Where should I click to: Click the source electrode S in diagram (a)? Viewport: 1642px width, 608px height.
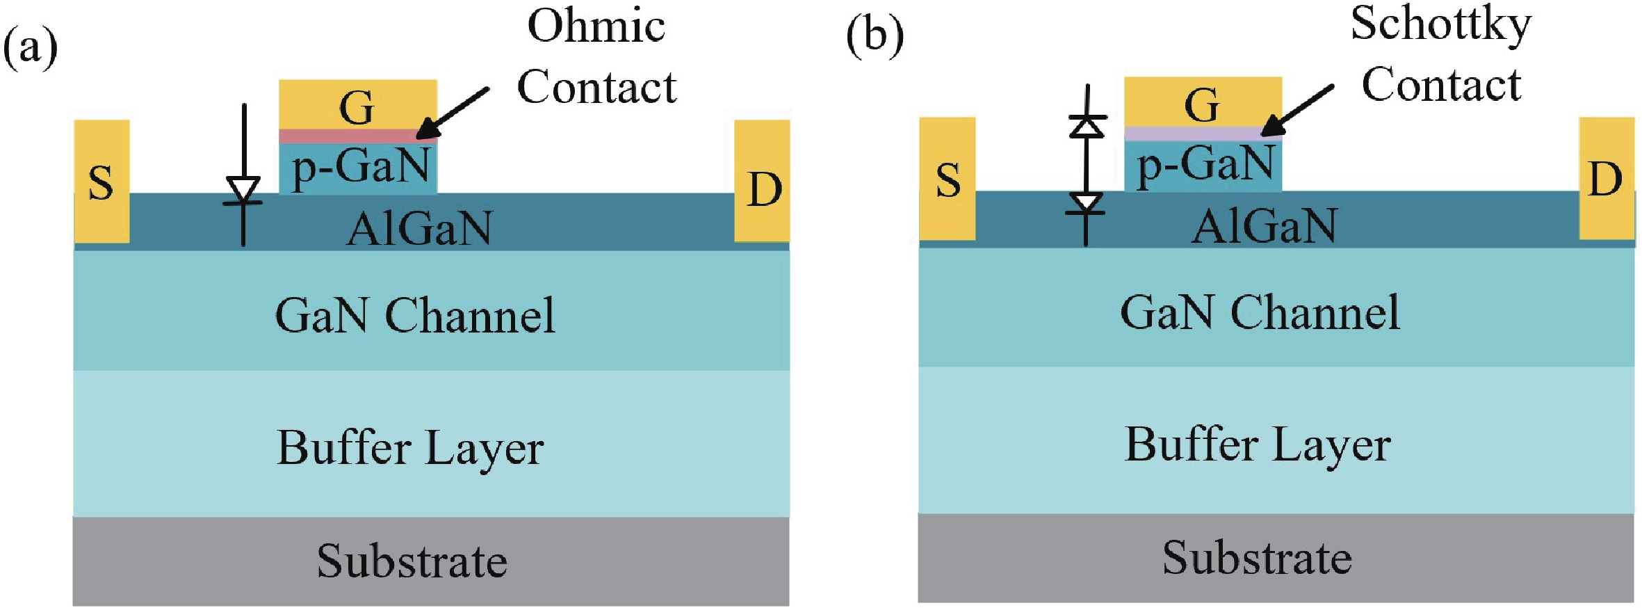(x=101, y=182)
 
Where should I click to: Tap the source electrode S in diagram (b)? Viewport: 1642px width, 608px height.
(x=948, y=179)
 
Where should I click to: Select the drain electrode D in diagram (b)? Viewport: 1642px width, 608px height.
(x=1606, y=179)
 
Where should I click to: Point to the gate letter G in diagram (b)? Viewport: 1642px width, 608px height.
(x=1202, y=104)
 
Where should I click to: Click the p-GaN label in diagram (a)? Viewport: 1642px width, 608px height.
(x=361, y=167)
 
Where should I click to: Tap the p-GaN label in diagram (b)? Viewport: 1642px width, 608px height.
(x=1205, y=165)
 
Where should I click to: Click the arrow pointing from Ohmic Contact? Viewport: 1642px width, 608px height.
(x=453, y=112)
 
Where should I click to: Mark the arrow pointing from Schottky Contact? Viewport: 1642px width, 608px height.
(x=1297, y=110)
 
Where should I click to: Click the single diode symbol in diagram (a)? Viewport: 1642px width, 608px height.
(x=243, y=190)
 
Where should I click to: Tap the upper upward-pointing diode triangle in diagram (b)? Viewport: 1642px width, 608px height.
(x=1087, y=126)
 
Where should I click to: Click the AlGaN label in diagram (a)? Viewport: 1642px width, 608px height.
(x=419, y=227)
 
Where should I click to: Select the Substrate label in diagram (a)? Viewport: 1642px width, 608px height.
(x=412, y=561)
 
